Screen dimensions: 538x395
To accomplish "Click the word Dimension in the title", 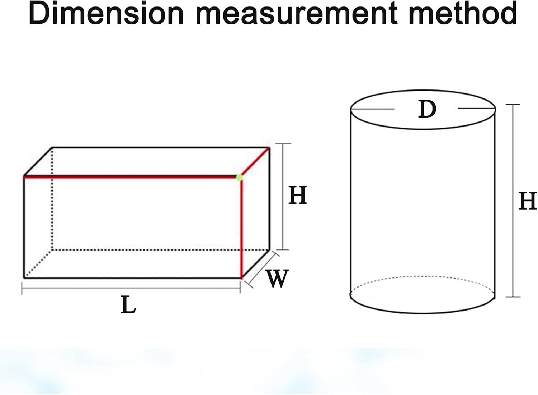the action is point(106,14).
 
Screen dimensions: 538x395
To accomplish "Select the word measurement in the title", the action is point(297,15).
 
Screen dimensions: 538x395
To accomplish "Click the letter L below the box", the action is point(128,305).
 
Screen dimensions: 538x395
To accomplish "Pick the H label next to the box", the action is point(298,195).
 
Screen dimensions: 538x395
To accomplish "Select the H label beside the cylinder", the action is point(528,201).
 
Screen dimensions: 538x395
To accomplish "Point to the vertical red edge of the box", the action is point(241,229).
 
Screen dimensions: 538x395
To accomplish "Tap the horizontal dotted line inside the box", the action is point(160,250).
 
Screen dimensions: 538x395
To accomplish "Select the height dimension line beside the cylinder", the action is point(513,201).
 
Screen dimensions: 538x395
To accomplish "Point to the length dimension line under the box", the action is point(131,288).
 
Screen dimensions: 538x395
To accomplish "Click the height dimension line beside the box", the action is point(283,196).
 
